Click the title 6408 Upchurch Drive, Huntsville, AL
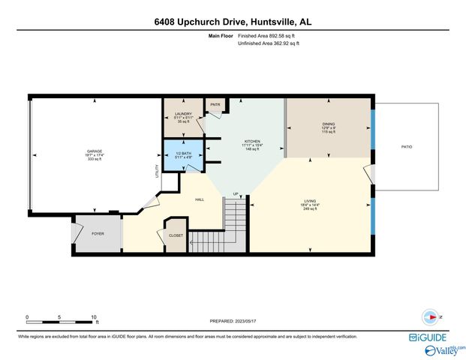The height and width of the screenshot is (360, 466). coord(233,22)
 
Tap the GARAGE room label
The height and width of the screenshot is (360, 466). coord(94,151)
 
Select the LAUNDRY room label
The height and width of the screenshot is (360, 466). coord(183,114)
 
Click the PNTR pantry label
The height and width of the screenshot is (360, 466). coord(215,105)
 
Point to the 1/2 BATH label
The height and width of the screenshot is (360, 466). coord(183,151)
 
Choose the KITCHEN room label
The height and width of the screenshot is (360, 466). coord(251,140)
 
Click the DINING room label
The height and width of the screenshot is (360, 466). coord(328,124)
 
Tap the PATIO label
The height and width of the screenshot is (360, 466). coord(406,146)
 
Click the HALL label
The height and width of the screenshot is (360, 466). coord(200,199)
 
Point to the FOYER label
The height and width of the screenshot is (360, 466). coord(98,233)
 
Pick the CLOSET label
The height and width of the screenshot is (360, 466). coord(176,235)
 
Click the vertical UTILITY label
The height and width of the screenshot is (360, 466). coord(157,172)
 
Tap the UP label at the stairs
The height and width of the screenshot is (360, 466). coord(235,194)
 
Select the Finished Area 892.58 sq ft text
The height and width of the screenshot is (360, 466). coord(268,36)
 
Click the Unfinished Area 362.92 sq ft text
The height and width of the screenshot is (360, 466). coord(268,44)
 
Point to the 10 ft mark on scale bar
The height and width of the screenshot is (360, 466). coord(94,317)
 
